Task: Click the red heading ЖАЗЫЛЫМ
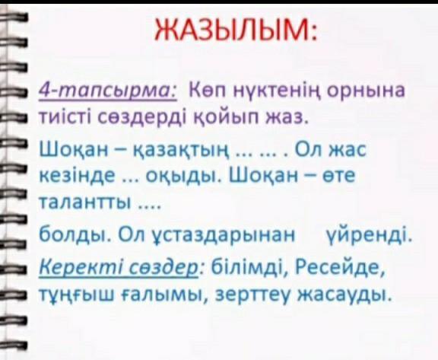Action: click(236, 30)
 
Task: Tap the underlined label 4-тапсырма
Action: click(108, 91)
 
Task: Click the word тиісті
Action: click(66, 118)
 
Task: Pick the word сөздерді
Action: click(143, 119)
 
